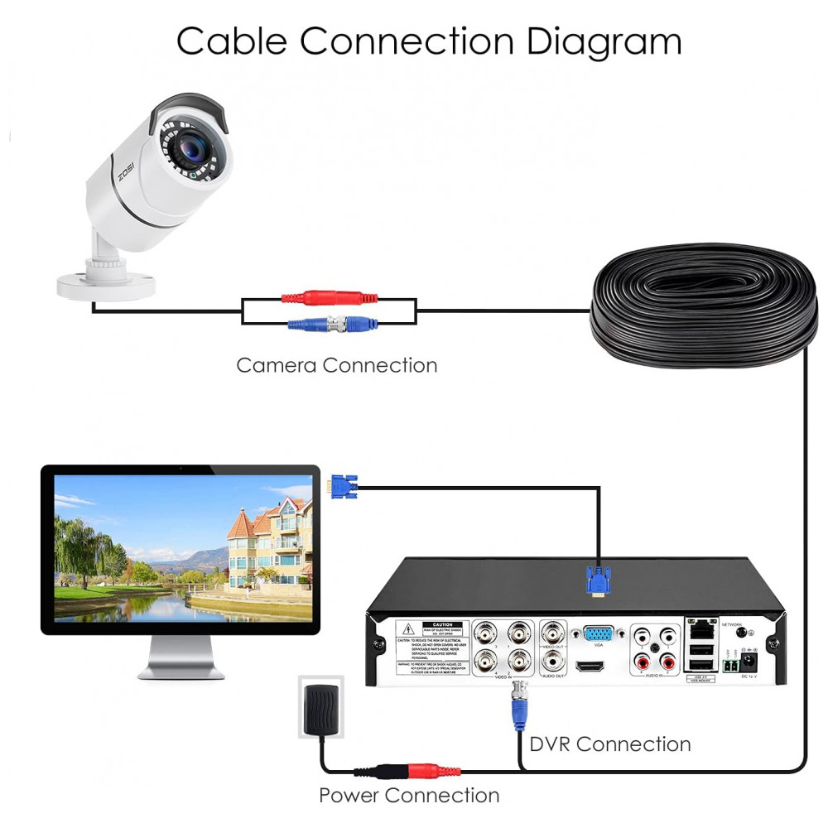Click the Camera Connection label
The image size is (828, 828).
(x=336, y=364)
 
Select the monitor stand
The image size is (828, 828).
(x=180, y=658)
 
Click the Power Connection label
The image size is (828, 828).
(x=409, y=796)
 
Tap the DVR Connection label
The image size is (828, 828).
(x=609, y=744)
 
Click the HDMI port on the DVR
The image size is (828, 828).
(x=590, y=667)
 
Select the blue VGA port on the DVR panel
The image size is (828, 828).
(x=598, y=634)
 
